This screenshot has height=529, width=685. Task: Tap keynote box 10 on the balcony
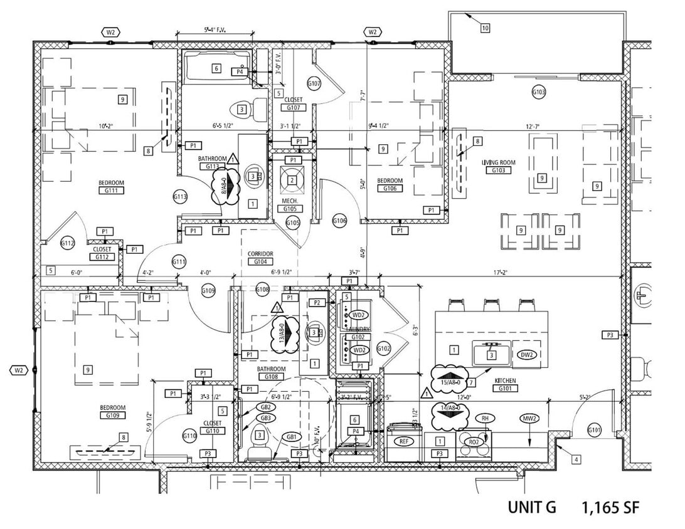486,28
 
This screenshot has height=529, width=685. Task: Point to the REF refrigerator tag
405,441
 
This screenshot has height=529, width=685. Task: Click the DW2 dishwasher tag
527,354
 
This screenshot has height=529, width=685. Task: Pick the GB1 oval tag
292,436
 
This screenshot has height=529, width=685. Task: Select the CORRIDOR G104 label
261,258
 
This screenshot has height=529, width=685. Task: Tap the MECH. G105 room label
290,205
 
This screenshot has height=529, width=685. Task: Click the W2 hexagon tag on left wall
19,370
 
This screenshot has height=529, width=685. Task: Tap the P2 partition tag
317,303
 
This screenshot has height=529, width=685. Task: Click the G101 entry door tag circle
595,430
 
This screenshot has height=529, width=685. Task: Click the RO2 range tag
474,441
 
